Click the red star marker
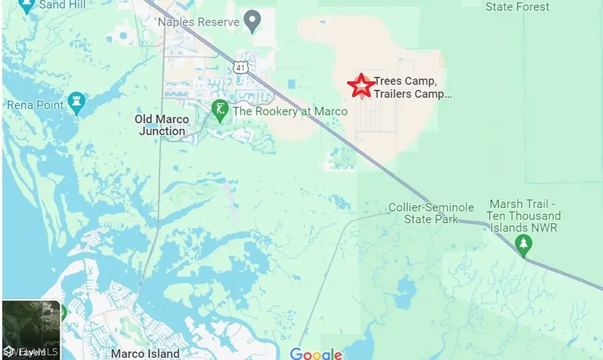tap(361, 86)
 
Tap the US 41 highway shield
tap(241, 66)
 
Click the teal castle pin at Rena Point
tap(76, 103)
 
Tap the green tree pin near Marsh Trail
tap(525, 246)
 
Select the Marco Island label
tap(145, 353)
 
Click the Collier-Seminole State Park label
tap(431, 213)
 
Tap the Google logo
tap(316, 353)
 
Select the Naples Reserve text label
tap(198, 22)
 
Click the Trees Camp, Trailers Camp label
tap(413, 88)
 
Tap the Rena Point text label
tap(36, 105)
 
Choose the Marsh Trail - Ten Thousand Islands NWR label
tap(525, 216)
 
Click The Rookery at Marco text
tap(290, 111)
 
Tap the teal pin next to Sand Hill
tap(27, 7)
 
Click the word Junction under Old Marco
tap(162, 131)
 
